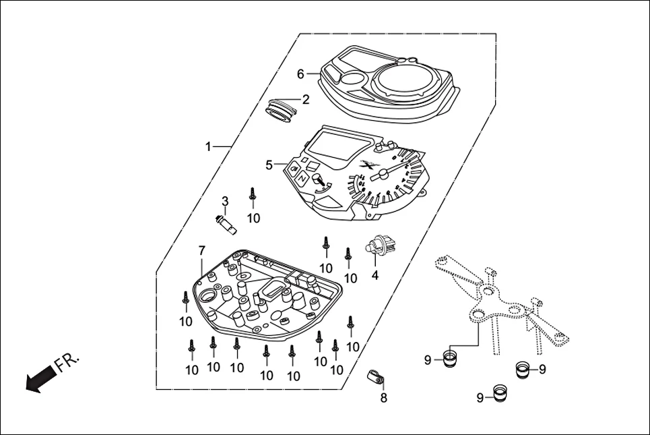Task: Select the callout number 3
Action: coord(225,201)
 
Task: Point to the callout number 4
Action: coord(375,275)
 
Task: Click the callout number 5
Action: coord(269,165)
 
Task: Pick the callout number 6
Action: coord(301,74)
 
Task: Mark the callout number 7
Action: coord(201,251)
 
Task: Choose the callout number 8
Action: coord(383,398)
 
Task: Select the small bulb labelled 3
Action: coord(224,224)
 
